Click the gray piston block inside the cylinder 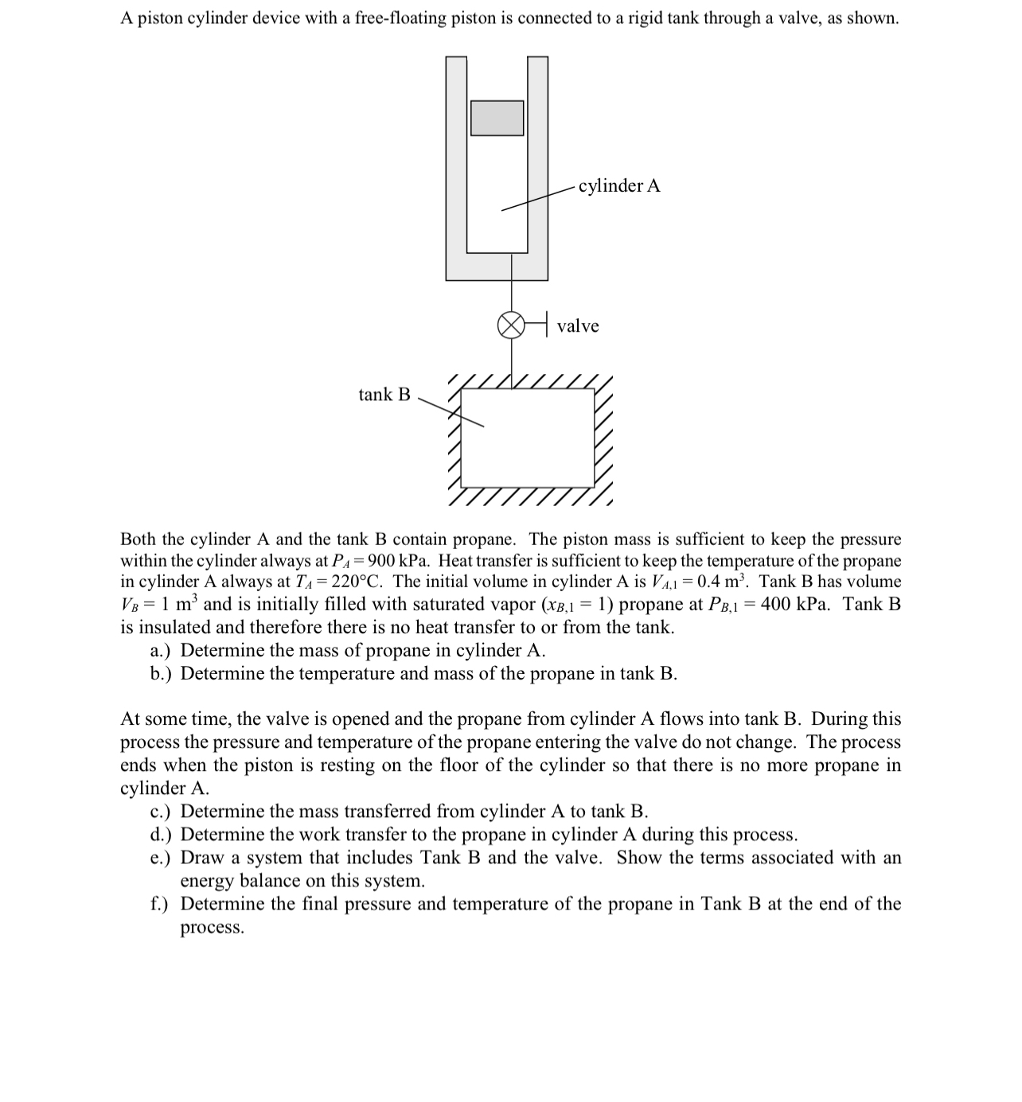[497, 118]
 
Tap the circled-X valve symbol [510, 325]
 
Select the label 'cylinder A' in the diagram [618, 185]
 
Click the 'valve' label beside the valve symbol [578, 325]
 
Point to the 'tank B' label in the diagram [384, 394]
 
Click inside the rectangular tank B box [527, 438]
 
